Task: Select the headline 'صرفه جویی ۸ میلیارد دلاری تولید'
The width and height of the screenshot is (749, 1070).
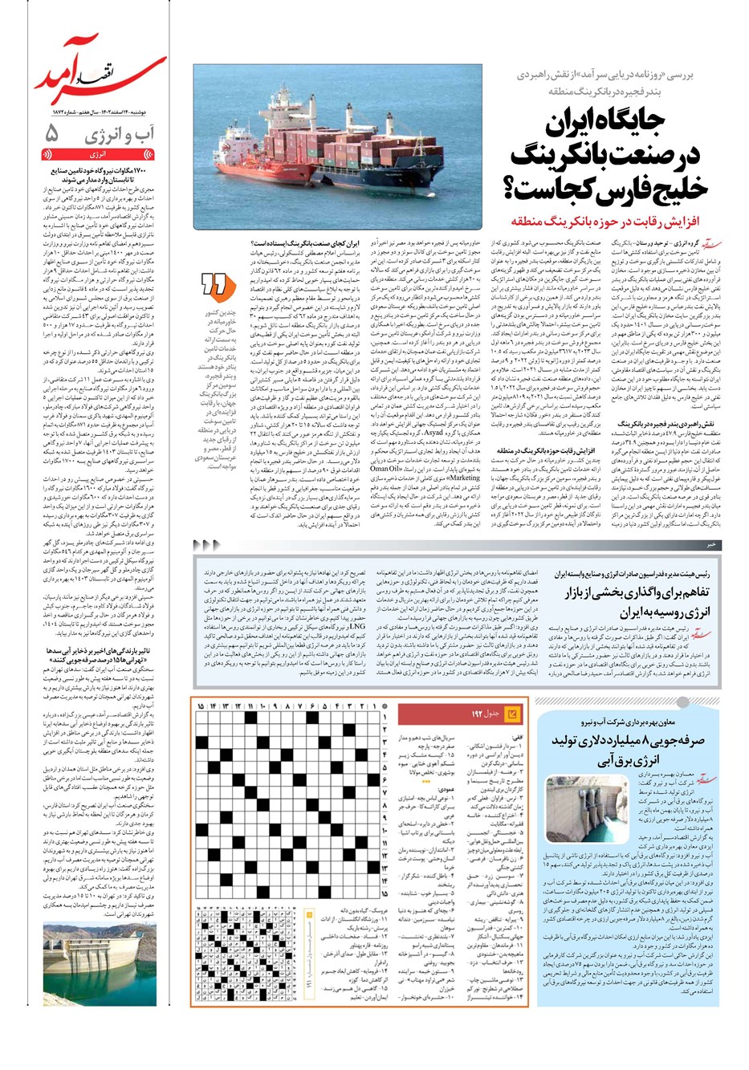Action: [634, 739]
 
